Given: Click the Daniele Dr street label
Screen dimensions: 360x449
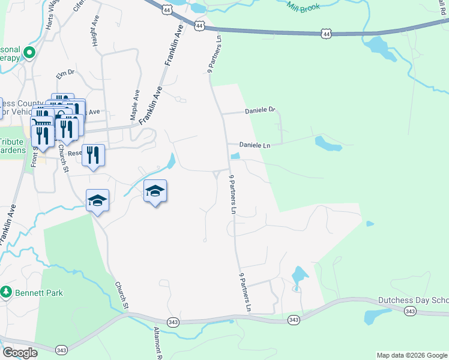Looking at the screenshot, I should pyautogui.click(x=259, y=110).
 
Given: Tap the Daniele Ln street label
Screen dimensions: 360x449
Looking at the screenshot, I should pyautogui.click(x=255, y=145).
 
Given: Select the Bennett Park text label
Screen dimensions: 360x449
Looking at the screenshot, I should pyautogui.click(x=40, y=293).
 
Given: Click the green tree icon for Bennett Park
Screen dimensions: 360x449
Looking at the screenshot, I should pyautogui.click(x=7, y=292).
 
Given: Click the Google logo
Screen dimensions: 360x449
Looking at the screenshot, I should pyautogui.click(x=20, y=353).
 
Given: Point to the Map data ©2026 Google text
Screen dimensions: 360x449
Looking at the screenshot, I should pyautogui.click(x=411, y=355).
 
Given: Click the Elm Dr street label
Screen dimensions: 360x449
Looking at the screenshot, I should pyautogui.click(x=64, y=74).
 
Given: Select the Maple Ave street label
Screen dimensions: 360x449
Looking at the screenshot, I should pyautogui.click(x=136, y=104).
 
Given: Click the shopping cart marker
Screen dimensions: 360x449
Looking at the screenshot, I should pyautogui.click(x=41, y=122).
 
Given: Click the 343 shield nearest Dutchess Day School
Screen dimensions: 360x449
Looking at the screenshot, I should pyautogui.click(x=410, y=311).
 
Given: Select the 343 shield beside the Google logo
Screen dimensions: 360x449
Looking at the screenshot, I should pyautogui.click(x=61, y=350).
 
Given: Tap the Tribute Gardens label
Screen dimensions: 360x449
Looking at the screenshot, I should pyautogui.click(x=11, y=146).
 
